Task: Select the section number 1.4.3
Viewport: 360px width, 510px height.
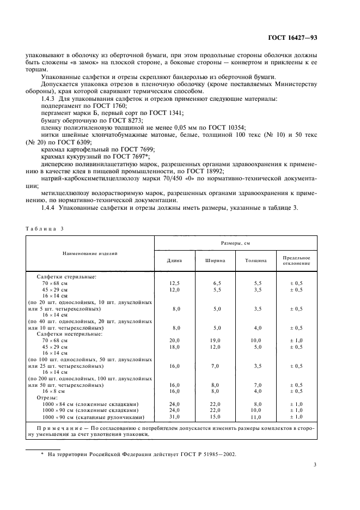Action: click(x=51, y=98)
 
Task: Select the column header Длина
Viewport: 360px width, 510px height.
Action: click(x=174, y=260)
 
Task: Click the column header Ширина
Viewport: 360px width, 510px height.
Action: click(x=216, y=260)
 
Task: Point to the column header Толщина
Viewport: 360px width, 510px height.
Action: click(x=257, y=260)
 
